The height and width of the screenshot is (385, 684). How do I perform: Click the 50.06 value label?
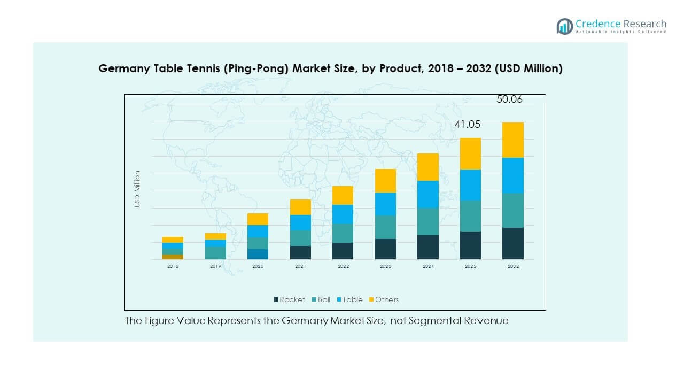509,99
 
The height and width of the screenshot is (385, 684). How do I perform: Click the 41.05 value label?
468,125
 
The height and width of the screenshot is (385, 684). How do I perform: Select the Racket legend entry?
289,299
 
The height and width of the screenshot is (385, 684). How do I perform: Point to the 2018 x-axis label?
173,266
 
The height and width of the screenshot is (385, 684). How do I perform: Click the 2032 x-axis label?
513,266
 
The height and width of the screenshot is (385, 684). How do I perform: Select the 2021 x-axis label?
300,266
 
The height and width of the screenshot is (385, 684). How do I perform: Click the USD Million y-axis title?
137,189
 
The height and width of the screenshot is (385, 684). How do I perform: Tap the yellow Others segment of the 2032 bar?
513,140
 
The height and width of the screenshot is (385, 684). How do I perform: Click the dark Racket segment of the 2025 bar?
471,245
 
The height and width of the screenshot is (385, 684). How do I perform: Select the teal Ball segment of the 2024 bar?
428,221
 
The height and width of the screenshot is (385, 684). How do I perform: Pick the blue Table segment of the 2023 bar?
385,204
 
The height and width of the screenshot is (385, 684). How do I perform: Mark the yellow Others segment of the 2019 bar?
215,236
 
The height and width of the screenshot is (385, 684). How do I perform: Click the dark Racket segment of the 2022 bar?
343,251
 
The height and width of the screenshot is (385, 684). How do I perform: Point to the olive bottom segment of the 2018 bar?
173,257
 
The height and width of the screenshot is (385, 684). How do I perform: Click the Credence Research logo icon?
564,26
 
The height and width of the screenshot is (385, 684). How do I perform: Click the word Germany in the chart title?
120,68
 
